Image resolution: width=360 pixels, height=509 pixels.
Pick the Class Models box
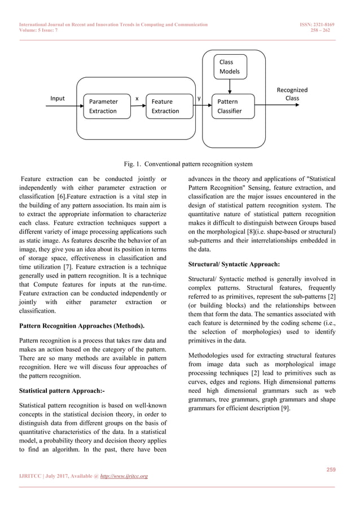point(230,67)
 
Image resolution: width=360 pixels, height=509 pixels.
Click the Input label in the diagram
point(58,98)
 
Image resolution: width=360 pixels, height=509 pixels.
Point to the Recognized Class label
point(292,94)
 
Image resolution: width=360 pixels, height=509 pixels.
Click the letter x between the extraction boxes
point(137,98)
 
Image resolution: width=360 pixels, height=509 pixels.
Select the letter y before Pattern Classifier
point(199,98)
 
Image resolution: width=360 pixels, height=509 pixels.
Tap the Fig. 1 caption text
point(188,164)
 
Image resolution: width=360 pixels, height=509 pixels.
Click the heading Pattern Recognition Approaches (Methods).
point(82,326)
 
